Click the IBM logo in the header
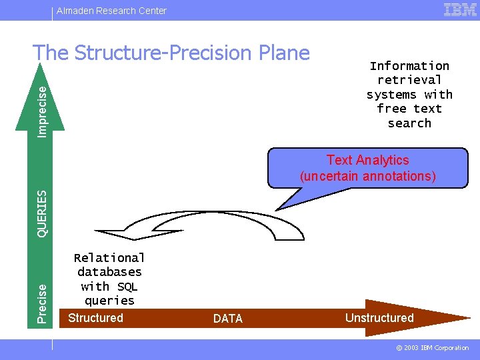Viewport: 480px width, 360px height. pyautogui.click(x=460, y=9)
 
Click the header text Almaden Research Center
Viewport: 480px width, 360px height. pyautogui.click(x=111, y=11)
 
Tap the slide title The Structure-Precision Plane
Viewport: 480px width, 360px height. pyautogui.click(x=171, y=53)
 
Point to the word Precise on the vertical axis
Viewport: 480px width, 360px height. pyautogui.click(x=42, y=303)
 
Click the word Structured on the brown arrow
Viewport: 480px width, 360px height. pyautogui.click(x=95, y=318)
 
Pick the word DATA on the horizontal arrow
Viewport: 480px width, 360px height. pyautogui.click(x=228, y=319)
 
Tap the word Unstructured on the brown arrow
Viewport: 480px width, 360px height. pyautogui.click(x=379, y=318)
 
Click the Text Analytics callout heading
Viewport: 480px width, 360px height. pyautogui.click(x=367, y=160)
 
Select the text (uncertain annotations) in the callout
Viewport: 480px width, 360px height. pyautogui.click(x=367, y=176)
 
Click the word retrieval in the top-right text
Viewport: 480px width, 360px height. pyautogui.click(x=409, y=80)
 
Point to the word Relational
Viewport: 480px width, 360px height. pyautogui.click(x=109, y=258)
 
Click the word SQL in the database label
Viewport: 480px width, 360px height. pyautogui.click(x=127, y=287)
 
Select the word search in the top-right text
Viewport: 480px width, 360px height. pyautogui.click(x=409, y=123)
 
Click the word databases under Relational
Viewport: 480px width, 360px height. pyautogui.click(x=109, y=272)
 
